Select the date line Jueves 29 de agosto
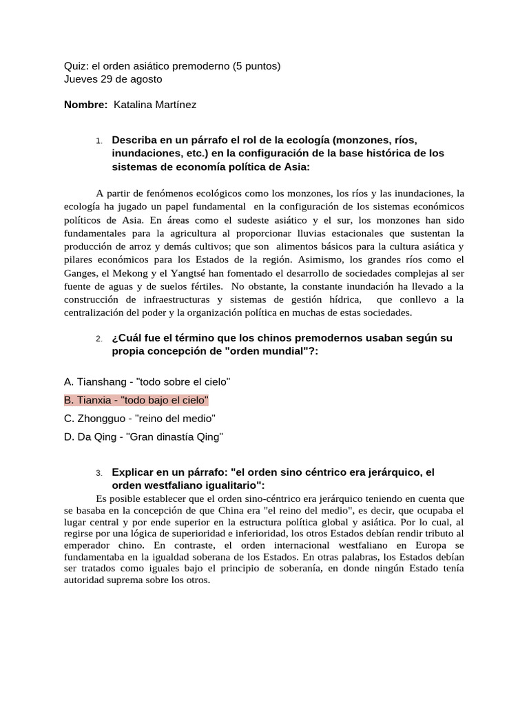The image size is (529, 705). (x=113, y=79)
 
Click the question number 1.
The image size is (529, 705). (x=99, y=141)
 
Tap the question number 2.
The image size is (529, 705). (x=99, y=339)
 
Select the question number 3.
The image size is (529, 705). (x=99, y=473)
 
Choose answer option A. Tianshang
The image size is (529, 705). (x=147, y=381)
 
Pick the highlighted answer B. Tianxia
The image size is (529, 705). (x=136, y=400)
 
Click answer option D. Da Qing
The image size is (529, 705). (x=143, y=437)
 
